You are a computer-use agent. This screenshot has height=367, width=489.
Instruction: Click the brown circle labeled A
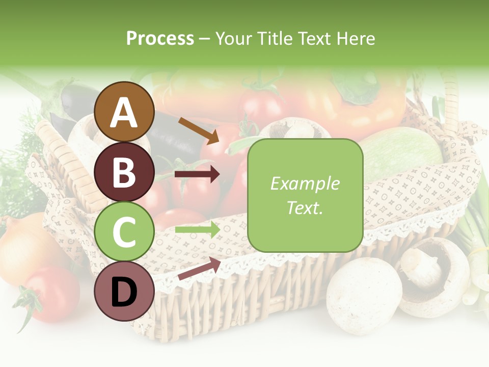(x=124, y=112)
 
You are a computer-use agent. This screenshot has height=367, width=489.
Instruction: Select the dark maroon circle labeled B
(x=124, y=172)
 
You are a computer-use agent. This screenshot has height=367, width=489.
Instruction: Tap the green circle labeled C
(x=124, y=231)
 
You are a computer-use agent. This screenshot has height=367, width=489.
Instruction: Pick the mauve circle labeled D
(x=124, y=291)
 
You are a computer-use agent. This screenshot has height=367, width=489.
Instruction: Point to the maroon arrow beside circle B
(x=197, y=174)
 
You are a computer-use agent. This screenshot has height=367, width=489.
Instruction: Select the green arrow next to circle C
(x=197, y=230)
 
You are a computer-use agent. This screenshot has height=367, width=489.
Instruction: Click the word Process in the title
(x=160, y=38)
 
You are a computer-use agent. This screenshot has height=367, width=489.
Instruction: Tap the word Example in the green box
(x=305, y=183)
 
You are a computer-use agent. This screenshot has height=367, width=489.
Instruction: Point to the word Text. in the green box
(x=305, y=208)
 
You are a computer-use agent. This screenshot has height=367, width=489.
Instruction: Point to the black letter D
(x=124, y=292)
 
